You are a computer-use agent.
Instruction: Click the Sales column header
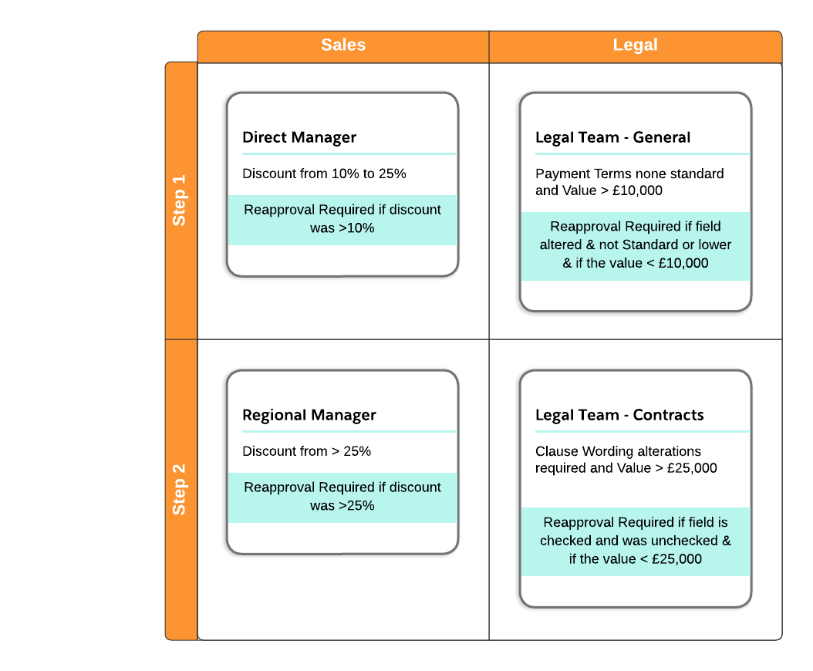pos(343,46)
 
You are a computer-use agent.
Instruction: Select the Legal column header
pos(635,46)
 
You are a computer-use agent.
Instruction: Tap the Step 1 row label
pos(180,201)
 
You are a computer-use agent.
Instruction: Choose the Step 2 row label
pos(180,489)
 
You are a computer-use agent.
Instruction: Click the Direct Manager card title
pos(299,138)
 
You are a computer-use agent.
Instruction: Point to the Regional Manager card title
pos(309,416)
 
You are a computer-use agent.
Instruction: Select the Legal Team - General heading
pos(612,138)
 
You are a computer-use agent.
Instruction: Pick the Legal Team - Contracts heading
pos(619,416)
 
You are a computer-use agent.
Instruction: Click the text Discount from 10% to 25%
pos(324,174)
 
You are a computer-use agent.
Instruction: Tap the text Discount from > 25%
pos(306,452)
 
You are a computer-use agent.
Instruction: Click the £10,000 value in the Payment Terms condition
pos(636,191)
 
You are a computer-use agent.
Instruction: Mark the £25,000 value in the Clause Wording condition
pos(691,469)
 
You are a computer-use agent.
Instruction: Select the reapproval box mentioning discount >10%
pos(342,219)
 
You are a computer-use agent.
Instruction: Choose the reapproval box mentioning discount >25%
pos(342,497)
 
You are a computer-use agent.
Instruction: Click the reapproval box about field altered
pos(636,245)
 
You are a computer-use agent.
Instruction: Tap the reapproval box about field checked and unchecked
pos(636,541)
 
